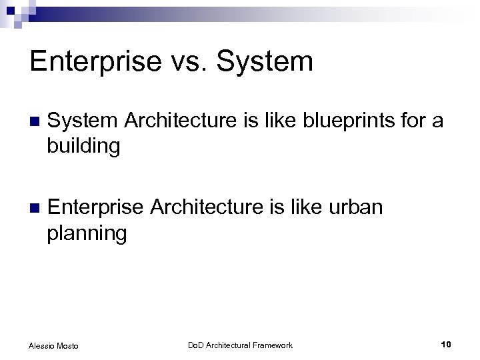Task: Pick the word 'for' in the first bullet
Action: coord(402,121)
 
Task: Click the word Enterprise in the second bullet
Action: coord(96,208)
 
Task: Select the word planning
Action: coord(86,233)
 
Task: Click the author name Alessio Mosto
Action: coord(54,345)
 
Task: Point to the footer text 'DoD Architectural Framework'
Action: coord(239,345)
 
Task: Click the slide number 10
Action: coord(446,344)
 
